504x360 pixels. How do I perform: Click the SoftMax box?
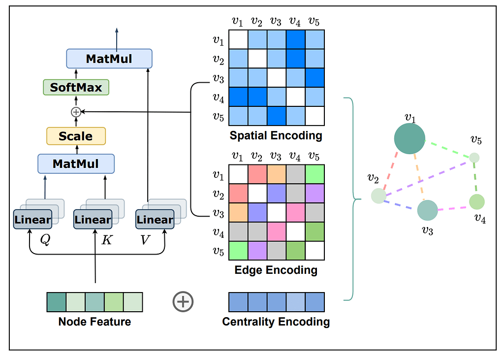(x=76, y=88)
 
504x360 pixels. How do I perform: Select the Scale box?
(x=76, y=136)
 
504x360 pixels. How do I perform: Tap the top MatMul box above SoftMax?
(x=109, y=59)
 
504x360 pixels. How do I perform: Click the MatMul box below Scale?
(x=76, y=164)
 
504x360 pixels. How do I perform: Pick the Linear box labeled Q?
(x=32, y=220)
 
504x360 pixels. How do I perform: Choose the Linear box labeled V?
(x=155, y=220)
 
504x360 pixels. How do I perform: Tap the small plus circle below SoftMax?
(x=76, y=112)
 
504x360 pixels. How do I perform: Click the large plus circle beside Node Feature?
(x=183, y=301)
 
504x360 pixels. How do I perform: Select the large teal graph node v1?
(x=409, y=138)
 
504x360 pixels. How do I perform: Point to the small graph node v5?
(x=474, y=158)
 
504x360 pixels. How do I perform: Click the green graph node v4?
(x=477, y=201)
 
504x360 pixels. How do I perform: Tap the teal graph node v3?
(x=427, y=210)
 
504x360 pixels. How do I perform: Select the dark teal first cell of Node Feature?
(x=56, y=302)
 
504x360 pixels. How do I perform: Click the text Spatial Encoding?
(x=276, y=135)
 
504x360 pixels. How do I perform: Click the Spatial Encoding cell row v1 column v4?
(x=295, y=39)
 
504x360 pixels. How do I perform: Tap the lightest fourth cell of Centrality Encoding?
(x=295, y=302)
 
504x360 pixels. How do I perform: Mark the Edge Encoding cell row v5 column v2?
(x=257, y=251)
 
